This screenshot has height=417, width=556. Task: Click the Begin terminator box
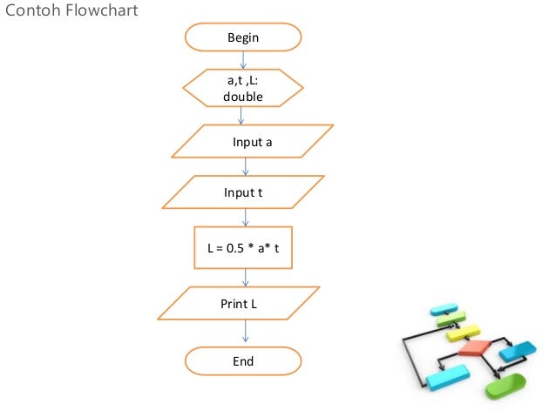click(243, 37)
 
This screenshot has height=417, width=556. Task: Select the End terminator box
click(243, 360)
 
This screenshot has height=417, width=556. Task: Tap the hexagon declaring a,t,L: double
click(243, 89)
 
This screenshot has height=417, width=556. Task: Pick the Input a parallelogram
click(252, 141)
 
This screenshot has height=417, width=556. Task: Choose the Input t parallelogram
click(244, 192)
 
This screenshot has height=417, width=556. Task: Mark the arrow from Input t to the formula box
click(245, 218)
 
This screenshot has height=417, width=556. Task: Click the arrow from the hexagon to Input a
click(243, 116)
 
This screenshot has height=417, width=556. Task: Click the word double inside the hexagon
click(243, 97)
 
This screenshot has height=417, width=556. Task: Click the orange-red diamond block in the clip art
click(474, 348)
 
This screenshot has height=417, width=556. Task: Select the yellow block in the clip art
click(463, 332)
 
